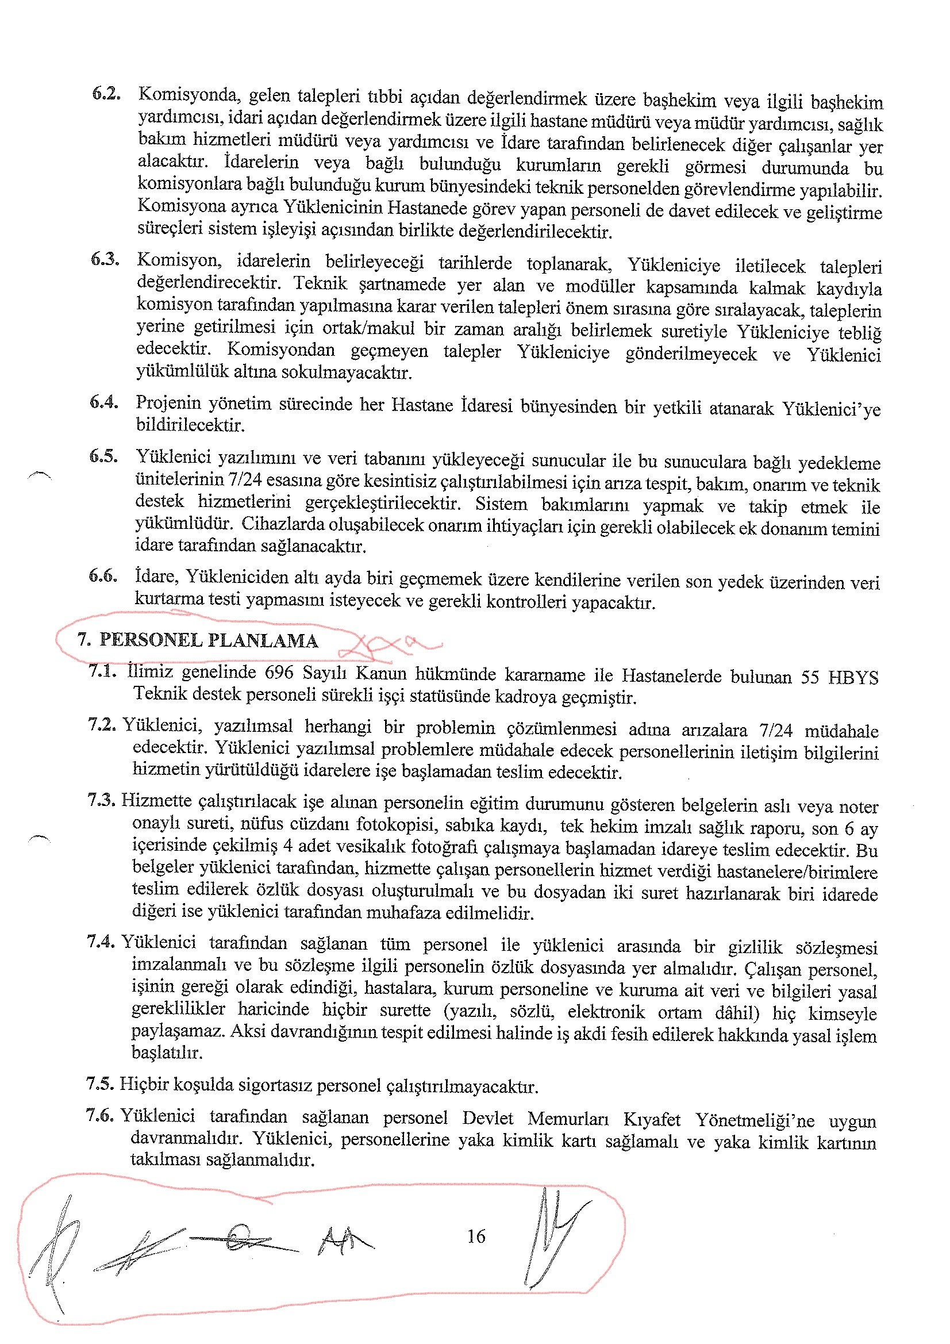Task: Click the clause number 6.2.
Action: [106, 94]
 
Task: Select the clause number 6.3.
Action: [105, 259]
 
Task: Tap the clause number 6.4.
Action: [104, 402]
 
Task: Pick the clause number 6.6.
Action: [103, 576]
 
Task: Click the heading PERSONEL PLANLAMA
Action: [209, 640]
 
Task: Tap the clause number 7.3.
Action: [102, 800]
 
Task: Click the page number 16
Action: [476, 1237]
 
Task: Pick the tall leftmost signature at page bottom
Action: [56, 1247]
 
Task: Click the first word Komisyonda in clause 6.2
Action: [189, 95]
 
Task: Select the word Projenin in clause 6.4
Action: [168, 403]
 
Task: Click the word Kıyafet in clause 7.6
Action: [652, 1119]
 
